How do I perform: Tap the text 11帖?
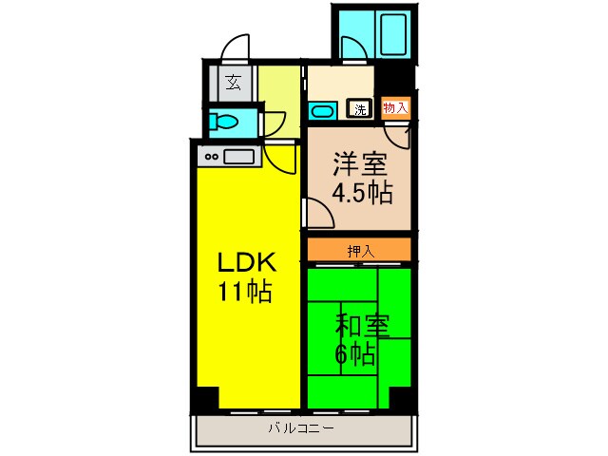point(246,291)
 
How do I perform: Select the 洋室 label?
point(359,164)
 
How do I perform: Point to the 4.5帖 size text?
point(361,193)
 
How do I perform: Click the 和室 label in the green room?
point(361,327)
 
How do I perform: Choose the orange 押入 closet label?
point(360,251)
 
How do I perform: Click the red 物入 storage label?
point(395,107)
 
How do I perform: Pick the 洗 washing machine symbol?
point(360,108)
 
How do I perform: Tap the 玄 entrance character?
point(233,82)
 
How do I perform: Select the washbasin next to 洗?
point(321,111)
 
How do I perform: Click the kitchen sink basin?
point(237,157)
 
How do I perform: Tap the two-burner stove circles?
point(209,157)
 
